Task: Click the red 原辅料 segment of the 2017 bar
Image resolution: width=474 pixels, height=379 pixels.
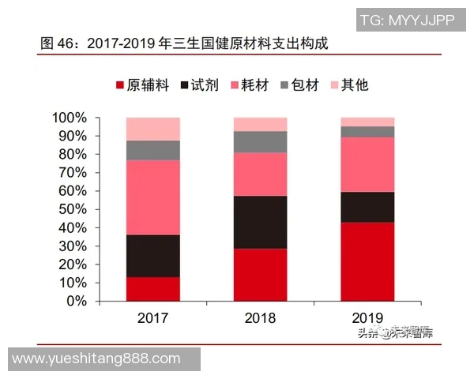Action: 152,288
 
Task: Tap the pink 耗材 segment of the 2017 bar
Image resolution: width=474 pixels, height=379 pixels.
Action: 152,197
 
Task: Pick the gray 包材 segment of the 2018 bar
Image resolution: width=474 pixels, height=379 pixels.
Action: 260,142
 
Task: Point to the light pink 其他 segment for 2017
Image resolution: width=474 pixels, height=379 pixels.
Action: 152,129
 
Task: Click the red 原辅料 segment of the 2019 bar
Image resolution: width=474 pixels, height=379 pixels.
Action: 367,261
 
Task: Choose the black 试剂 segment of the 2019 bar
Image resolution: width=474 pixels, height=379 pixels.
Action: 367,207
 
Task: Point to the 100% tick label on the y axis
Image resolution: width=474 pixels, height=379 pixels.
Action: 70,118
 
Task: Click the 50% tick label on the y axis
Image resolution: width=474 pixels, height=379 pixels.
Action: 73,209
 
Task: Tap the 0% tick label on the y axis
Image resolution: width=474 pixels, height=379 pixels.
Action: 76,301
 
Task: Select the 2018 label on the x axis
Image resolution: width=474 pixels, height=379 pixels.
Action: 260,318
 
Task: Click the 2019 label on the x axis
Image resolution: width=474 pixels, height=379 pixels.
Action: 367,318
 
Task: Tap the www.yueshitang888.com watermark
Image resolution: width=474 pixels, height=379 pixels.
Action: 97,358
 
